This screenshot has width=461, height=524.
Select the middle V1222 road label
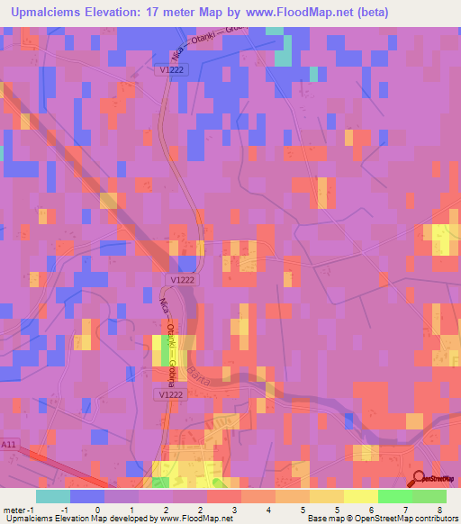click(182, 280)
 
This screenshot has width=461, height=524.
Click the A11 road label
click(9, 444)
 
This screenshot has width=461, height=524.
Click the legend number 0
click(95, 509)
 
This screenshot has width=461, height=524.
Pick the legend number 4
click(268, 509)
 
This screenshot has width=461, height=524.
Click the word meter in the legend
click(14, 509)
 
